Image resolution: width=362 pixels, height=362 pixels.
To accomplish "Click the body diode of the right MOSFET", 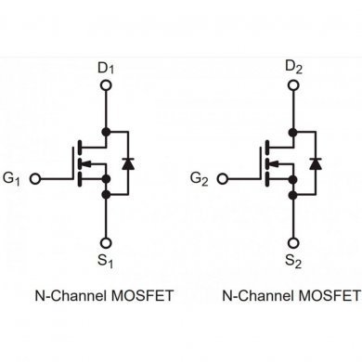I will [314, 162].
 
